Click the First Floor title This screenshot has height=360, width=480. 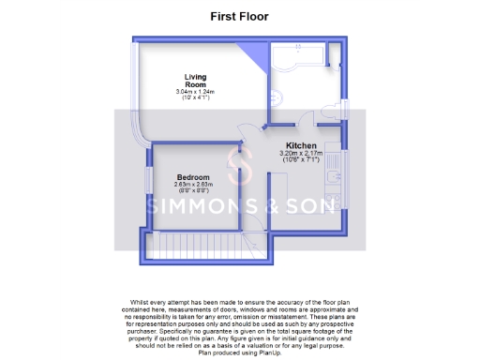239,16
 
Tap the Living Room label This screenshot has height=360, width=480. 195,80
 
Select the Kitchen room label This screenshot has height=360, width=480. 301,145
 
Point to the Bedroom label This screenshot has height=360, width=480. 194,177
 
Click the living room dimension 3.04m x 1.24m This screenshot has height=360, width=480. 195,91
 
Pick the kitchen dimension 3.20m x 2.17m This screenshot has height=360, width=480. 301,154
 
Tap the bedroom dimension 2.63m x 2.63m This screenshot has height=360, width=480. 194,186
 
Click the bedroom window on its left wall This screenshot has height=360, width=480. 146,184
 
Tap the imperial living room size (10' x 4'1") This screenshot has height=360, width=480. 195,97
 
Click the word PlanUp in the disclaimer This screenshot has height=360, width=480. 262,353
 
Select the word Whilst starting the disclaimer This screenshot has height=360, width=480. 131,302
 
